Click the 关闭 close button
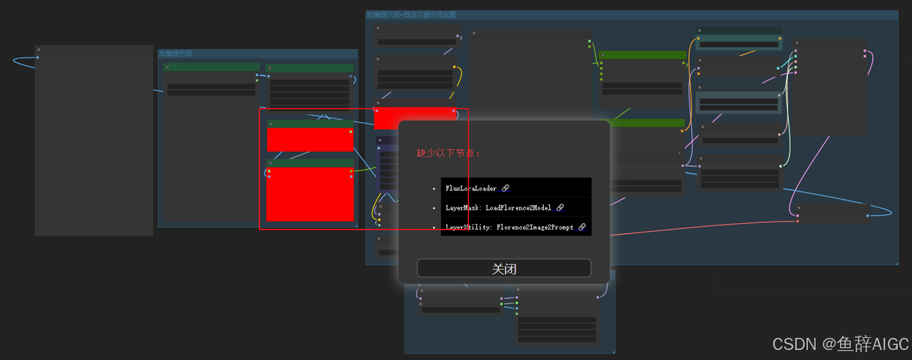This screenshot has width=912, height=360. [x=504, y=268]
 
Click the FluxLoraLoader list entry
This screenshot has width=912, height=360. [x=471, y=188]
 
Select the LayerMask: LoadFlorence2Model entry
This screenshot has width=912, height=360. [x=498, y=207]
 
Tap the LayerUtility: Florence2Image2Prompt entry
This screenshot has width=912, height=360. [x=509, y=227]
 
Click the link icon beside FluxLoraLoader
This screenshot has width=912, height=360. [x=506, y=188]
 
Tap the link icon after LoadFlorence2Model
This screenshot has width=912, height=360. [x=560, y=207]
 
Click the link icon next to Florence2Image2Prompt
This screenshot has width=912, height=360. [x=582, y=227]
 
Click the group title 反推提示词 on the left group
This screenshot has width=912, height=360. [x=175, y=53]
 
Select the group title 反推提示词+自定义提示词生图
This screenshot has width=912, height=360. [x=411, y=14]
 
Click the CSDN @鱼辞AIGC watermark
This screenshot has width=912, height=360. [x=841, y=344]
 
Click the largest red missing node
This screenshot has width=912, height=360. [x=310, y=194]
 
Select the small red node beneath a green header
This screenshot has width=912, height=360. [x=310, y=140]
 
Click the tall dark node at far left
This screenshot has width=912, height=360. [x=94, y=143]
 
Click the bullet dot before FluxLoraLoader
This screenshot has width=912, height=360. [x=434, y=189]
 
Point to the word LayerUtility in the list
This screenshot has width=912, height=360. [x=467, y=227]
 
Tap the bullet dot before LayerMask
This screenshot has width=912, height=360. [x=434, y=208]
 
